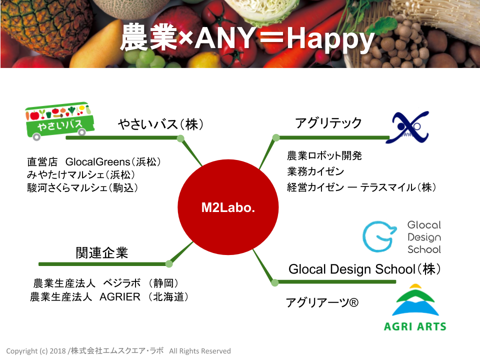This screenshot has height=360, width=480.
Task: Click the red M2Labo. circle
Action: coord(228,207)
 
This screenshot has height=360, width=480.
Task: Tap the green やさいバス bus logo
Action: coord(59,121)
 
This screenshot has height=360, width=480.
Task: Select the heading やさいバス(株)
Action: coord(160,124)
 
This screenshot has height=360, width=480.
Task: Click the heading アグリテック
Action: coord(328,122)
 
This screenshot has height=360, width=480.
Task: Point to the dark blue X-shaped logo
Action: coord(408,127)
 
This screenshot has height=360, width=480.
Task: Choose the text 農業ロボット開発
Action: coord(324,155)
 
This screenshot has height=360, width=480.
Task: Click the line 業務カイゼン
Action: coord(315,171)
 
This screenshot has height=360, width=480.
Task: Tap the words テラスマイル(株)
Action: coord(398,187)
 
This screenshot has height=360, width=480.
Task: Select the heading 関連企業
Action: coord(102,252)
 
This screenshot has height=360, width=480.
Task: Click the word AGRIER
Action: coord(120,296)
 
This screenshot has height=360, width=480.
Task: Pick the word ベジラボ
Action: coord(122,283)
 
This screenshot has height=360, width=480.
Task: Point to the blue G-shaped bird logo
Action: coord(379,236)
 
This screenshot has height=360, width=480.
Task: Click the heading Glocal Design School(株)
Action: coord(364,269)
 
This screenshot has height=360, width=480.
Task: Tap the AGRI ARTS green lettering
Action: coord(415,326)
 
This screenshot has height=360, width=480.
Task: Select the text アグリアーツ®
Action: coord(322,302)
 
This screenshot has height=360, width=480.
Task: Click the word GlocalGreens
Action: coord(98,161)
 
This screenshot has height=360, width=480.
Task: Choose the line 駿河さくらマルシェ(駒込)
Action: coord(82,187)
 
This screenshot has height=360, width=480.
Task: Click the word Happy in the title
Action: coord(331,39)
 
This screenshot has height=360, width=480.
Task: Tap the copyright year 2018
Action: coord(57,351)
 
